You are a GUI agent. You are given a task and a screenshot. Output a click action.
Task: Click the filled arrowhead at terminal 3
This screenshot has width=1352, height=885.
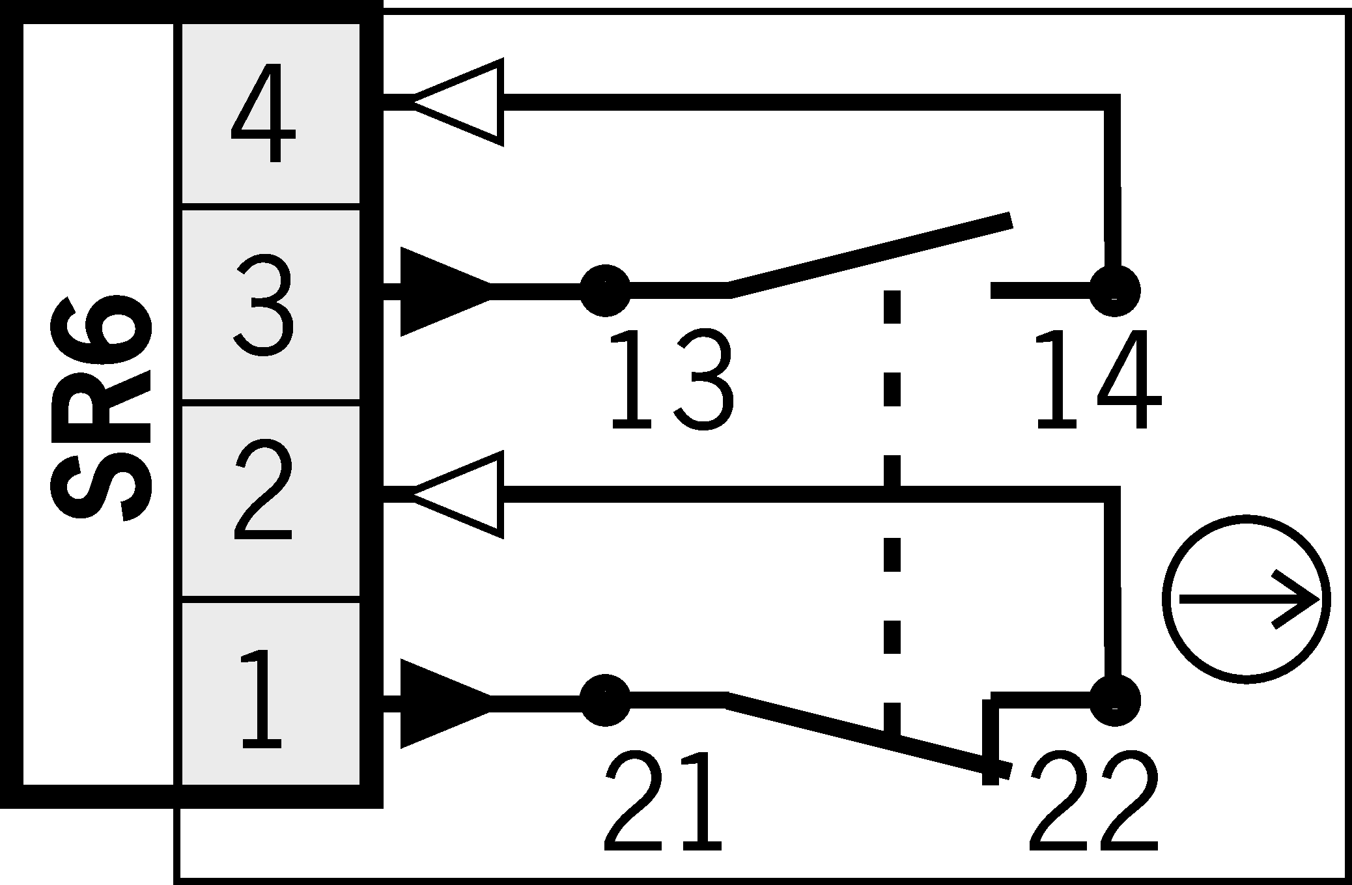[x=443, y=291]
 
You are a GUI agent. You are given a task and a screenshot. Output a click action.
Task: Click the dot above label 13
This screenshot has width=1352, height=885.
[x=605, y=290]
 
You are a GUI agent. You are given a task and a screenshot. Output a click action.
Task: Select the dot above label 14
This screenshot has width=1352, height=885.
[x=1114, y=290]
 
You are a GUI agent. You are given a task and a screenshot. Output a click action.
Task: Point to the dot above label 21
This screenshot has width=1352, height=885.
[x=605, y=701]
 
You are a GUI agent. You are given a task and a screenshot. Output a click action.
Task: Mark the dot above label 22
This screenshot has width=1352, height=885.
[x=1114, y=701]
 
